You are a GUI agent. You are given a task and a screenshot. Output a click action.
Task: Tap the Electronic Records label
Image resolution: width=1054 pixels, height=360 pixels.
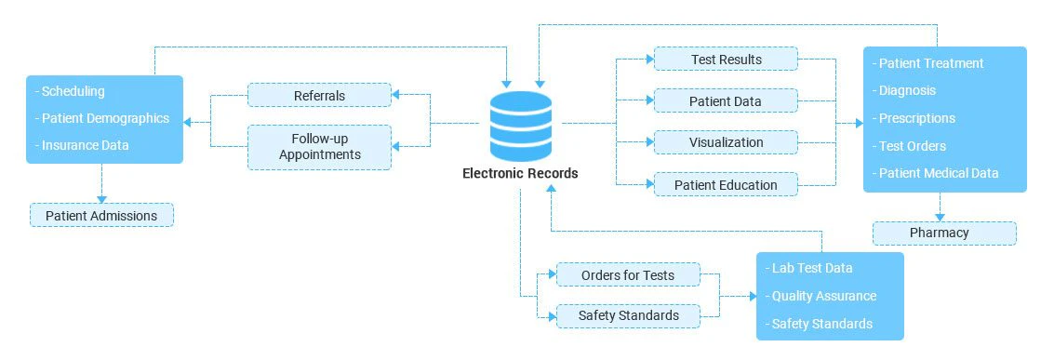[x=520, y=173]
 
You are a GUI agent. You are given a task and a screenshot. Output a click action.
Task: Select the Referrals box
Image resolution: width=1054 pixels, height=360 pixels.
[x=319, y=95]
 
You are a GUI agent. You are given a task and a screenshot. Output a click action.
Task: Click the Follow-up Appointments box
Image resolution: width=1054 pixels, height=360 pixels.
[x=319, y=147]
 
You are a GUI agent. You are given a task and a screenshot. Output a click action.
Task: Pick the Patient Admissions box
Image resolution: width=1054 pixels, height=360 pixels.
[x=101, y=216]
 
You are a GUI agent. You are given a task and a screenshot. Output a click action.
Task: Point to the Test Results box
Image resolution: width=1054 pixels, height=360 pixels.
[x=726, y=60]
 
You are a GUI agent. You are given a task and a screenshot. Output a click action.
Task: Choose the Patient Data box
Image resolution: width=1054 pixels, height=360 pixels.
[x=726, y=101]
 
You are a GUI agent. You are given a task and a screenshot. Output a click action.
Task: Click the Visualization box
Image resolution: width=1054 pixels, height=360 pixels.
[x=726, y=143]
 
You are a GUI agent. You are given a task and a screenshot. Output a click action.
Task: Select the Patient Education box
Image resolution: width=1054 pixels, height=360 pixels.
[x=726, y=185]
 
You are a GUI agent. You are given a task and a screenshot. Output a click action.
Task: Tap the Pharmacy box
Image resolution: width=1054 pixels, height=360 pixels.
[x=944, y=233]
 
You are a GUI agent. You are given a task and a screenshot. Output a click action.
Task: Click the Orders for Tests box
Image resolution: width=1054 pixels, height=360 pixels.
[x=627, y=274]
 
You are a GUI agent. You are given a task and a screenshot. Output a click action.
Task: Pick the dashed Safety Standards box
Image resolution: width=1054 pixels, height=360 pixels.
[x=628, y=316]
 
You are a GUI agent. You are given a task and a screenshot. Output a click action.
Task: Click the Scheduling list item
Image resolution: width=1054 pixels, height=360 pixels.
[x=70, y=91]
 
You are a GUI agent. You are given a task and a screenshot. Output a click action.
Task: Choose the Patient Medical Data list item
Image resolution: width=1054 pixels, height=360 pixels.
[x=937, y=173]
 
